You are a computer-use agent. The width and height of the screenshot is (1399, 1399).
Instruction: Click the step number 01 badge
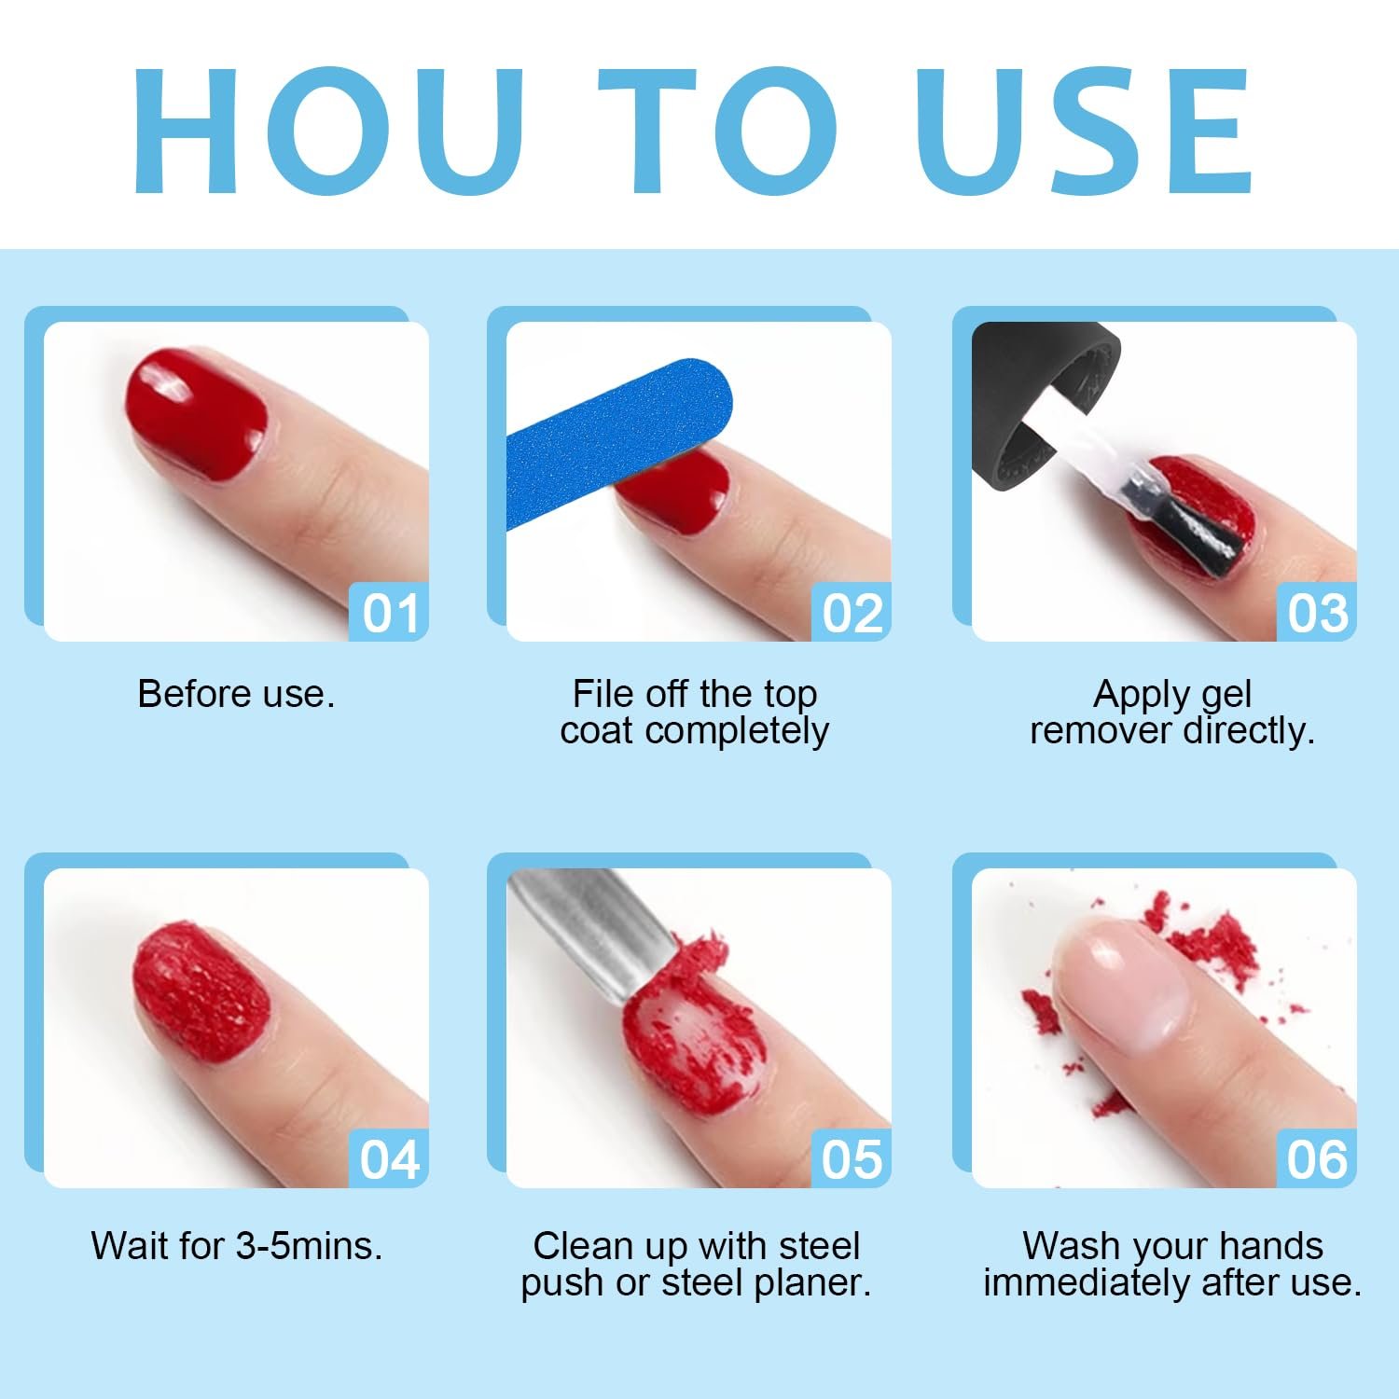(389, 612)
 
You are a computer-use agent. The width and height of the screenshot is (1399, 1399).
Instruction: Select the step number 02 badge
(852, 612)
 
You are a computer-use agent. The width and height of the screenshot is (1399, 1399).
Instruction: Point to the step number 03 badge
(1317, 612)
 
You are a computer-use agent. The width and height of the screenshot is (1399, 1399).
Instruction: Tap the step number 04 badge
(389, 1158)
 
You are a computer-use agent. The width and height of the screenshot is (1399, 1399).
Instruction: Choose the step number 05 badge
(852, 1158)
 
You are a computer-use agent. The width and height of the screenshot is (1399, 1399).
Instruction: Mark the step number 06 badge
(1317, 1158)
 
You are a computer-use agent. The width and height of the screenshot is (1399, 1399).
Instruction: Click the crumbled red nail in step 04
(201, 994)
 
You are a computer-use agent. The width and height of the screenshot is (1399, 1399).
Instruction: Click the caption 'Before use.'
(236, 694)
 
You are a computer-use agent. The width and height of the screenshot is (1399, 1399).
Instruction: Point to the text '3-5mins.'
(309, 1246)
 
